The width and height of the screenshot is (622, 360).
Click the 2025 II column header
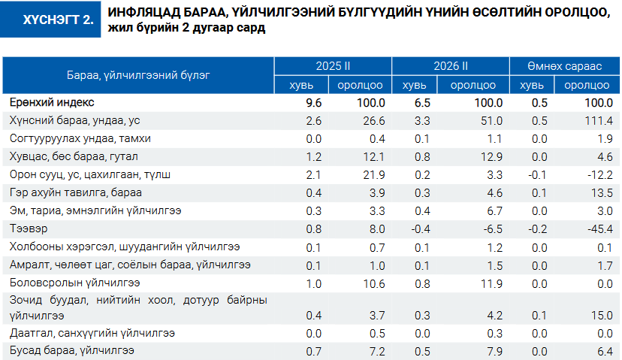pyautogui.click(x=331, y=66)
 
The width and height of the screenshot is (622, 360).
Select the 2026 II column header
pyautogui.click(x=450, y=66)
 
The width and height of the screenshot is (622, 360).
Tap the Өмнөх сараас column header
pyautogui.click(x=564, y=66)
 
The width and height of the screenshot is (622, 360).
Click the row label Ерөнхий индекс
pyautogui.click(x=53, y=102)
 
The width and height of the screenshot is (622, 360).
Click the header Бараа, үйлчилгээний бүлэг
pyautogui.click(x=138, y=75)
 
